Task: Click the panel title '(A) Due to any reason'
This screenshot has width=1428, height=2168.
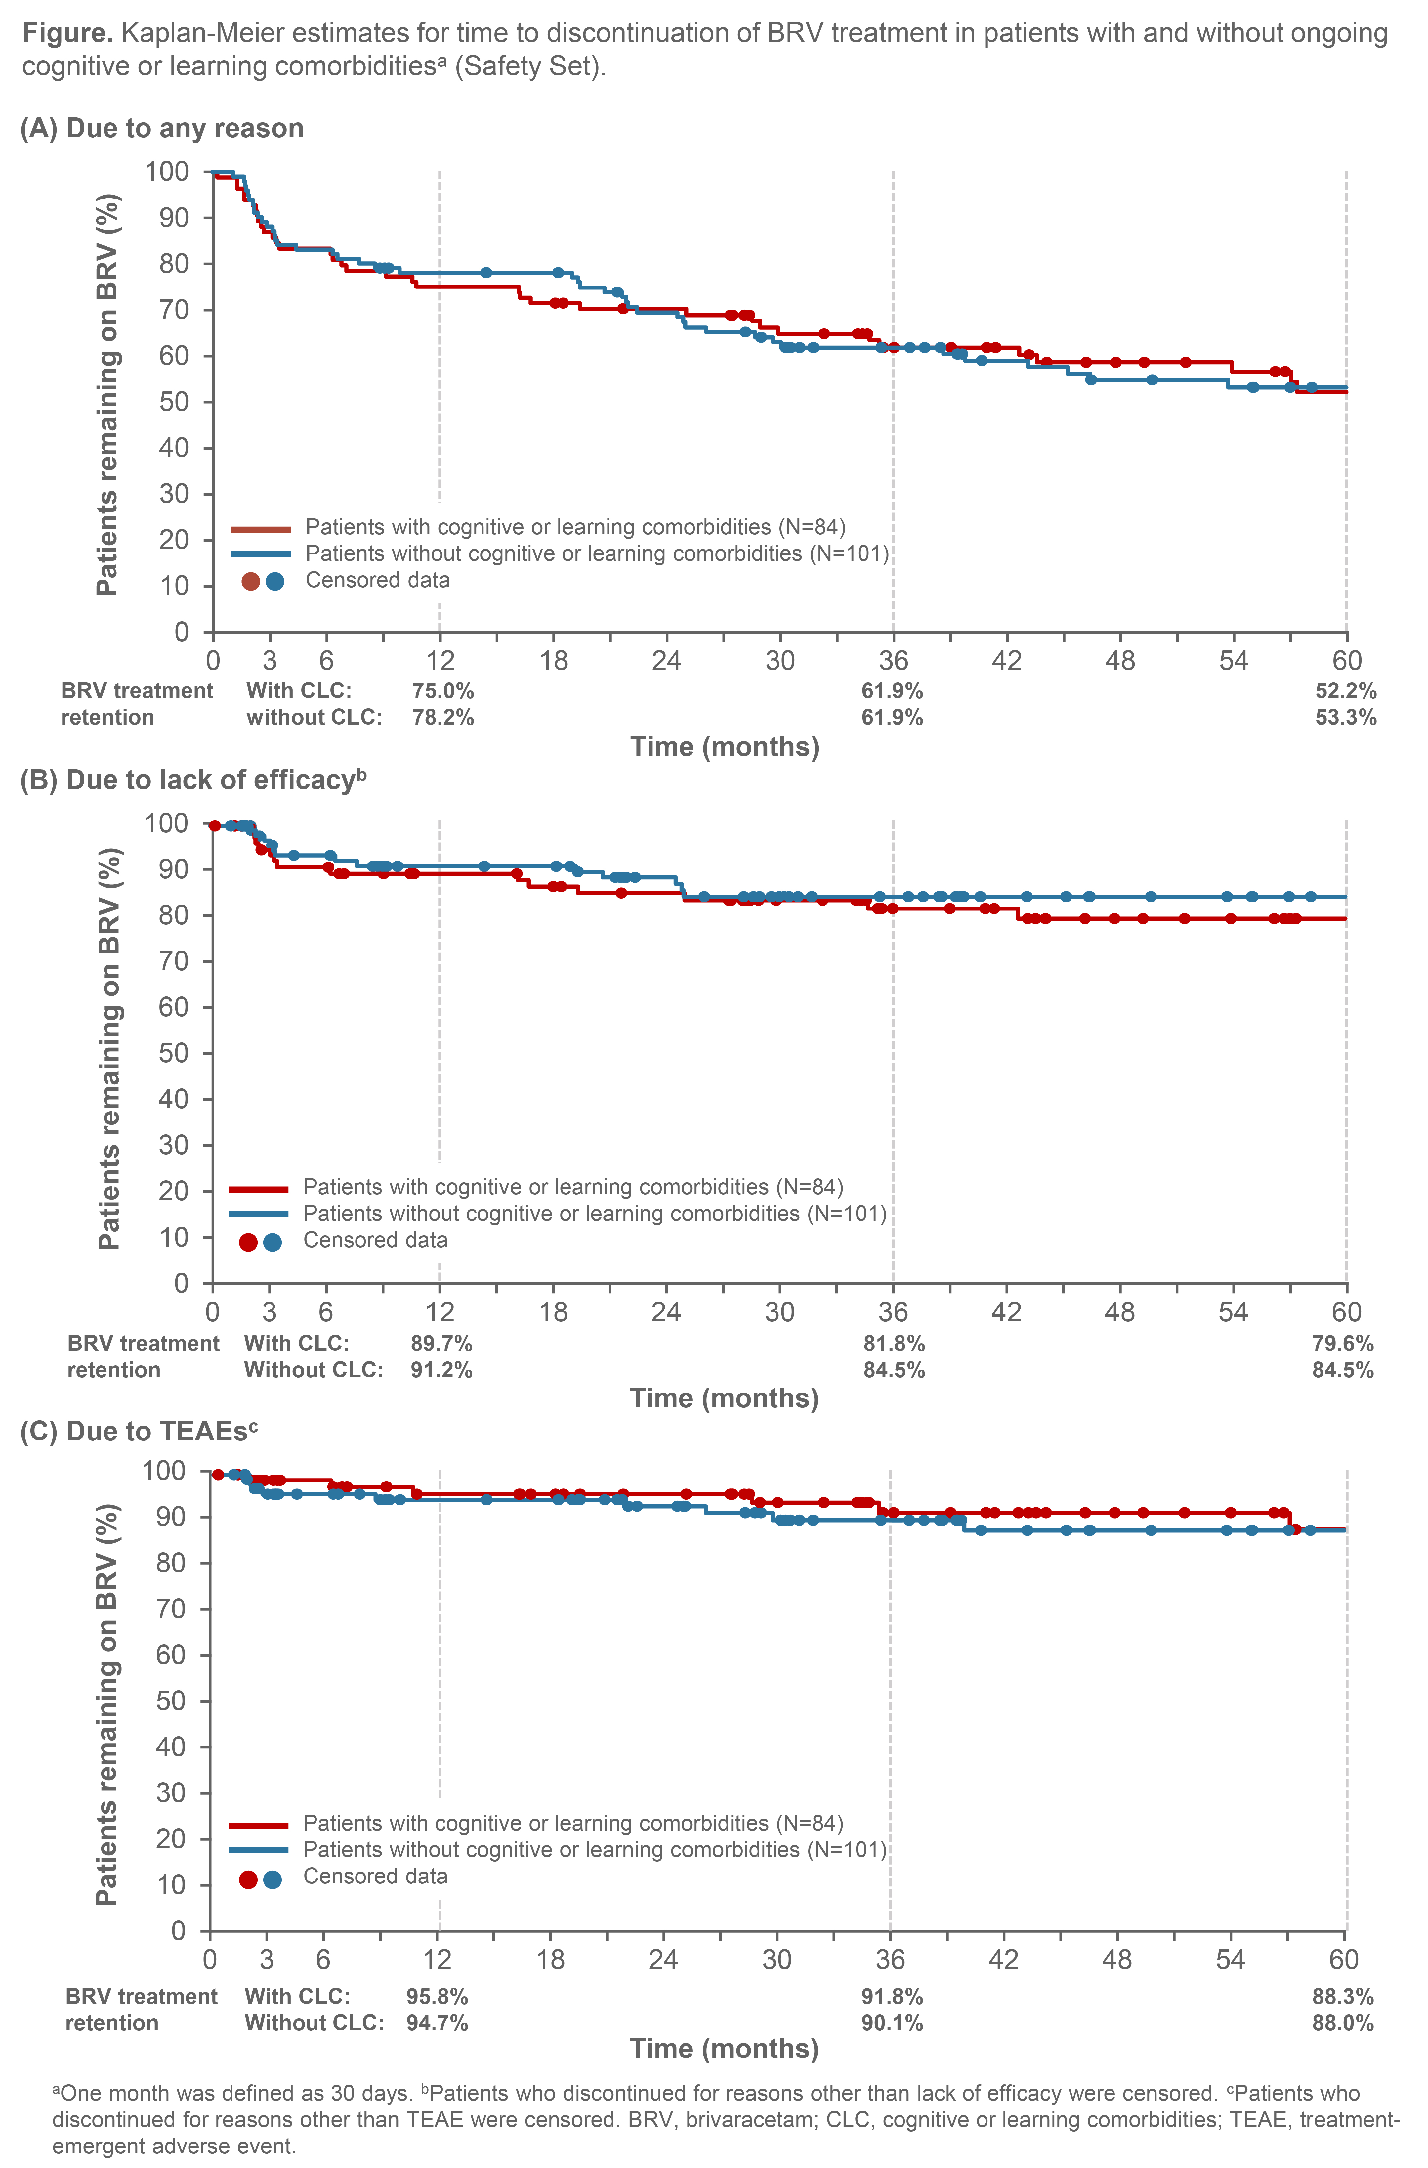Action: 162,128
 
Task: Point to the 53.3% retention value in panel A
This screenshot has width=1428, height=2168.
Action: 1345,718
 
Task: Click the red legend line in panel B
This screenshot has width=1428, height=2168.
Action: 259,1189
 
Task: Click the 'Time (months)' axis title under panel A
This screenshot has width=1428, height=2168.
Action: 725,748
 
